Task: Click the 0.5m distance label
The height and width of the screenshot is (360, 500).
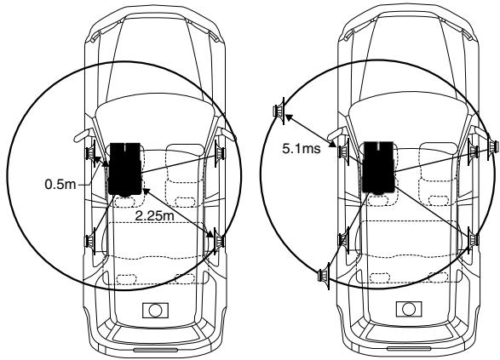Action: coord(60,184)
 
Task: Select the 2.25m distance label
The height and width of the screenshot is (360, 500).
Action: coord(155,216)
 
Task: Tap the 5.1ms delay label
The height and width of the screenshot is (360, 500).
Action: coord(302,148)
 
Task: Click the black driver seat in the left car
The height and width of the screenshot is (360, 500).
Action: coord(125,169)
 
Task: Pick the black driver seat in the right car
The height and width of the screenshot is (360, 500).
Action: coord(379,168)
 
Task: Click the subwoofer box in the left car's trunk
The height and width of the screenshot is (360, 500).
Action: coord(155,311)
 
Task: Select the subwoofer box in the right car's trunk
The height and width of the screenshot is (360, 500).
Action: coord(409,309)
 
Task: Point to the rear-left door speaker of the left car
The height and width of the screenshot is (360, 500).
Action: coord(90,241)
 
